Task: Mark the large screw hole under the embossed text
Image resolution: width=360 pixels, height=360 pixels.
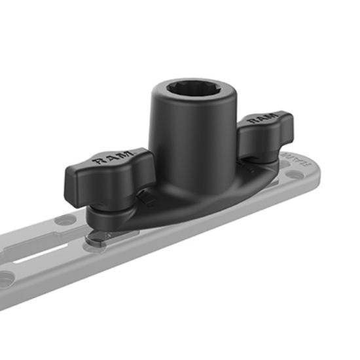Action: (x=297, y=175)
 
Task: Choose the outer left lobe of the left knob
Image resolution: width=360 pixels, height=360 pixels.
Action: (x=73, y=178)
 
